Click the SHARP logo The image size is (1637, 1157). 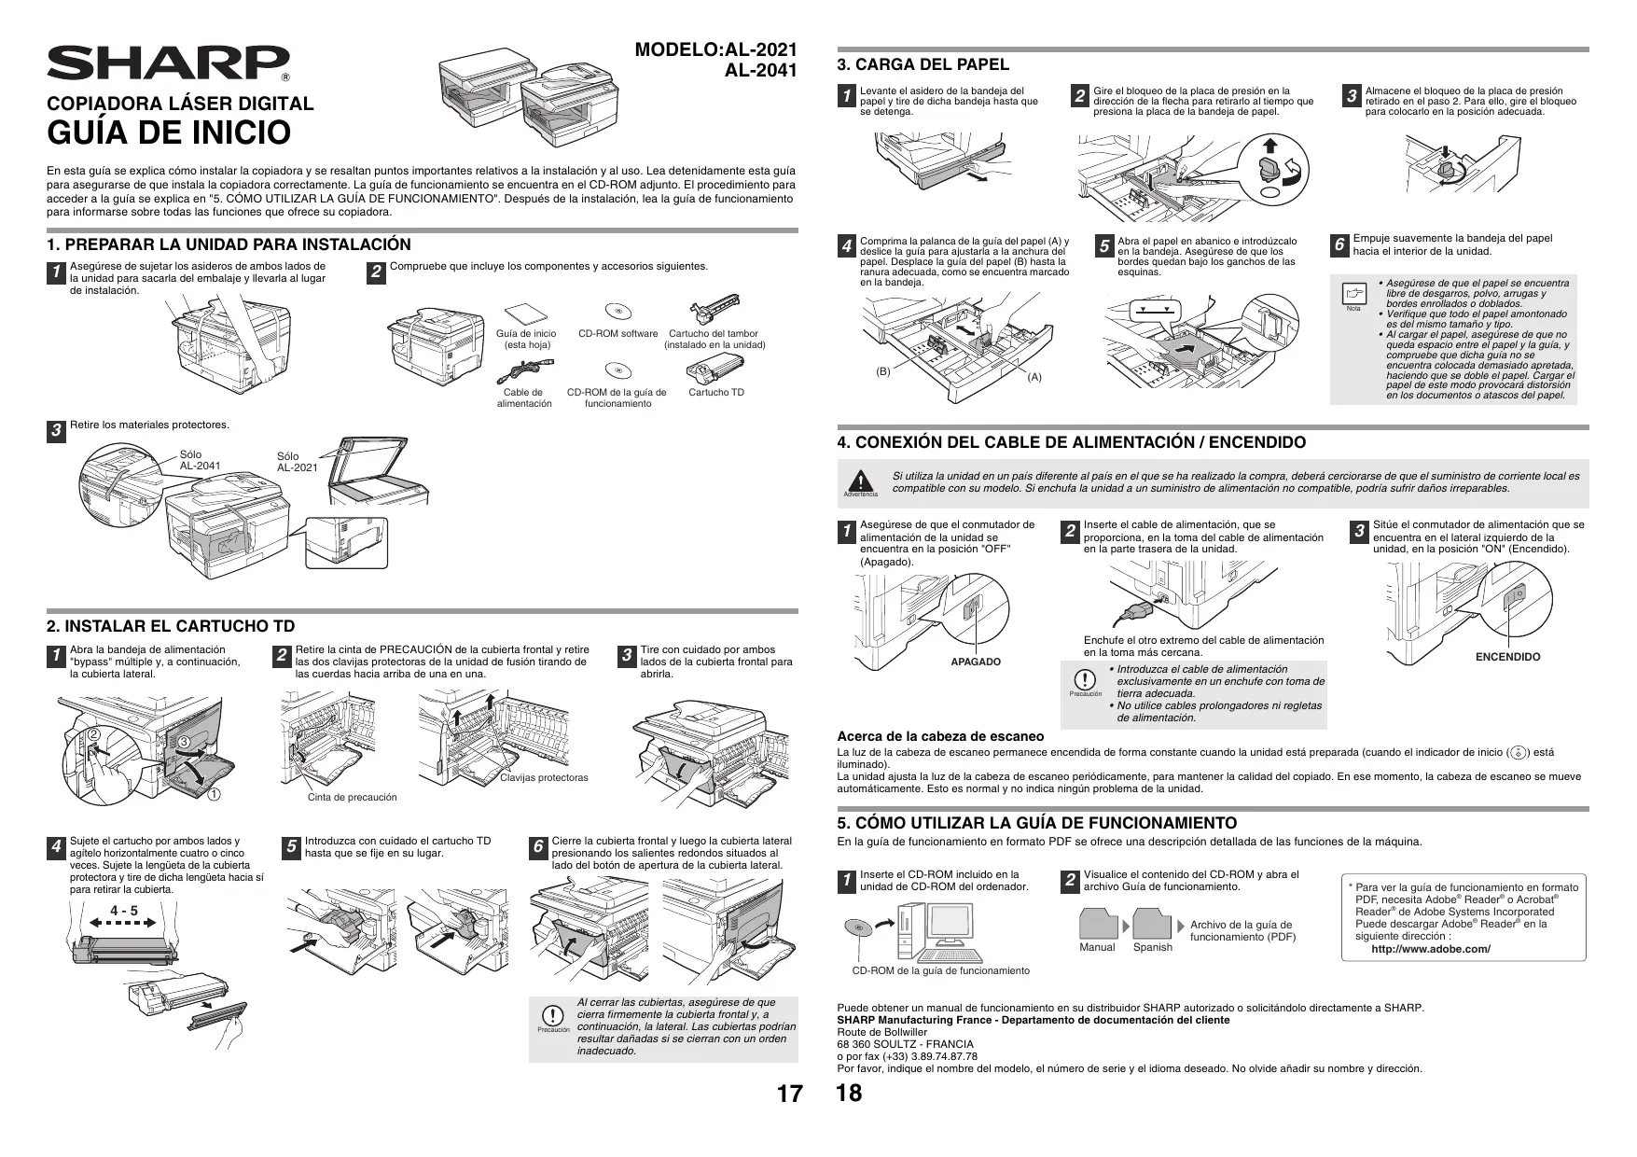click(168, 63)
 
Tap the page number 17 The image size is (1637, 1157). click(789, 1094)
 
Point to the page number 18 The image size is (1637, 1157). click(850, 1093)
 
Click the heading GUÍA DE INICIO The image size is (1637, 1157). click(170, 133)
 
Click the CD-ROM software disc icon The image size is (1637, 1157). click(617, 312)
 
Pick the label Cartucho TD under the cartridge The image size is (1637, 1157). click(716, 393)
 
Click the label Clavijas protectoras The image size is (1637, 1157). click(544, 777)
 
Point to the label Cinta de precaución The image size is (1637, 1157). click(353, 798)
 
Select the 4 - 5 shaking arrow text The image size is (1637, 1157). click(123, 911)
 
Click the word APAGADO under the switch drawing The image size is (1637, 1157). click(975, 662)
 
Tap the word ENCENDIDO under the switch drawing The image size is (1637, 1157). click(1507, 657)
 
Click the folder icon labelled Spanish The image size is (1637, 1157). click(1153, 925)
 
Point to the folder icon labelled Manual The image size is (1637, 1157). click(1098, 925)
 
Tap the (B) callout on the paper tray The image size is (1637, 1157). click(883, 371)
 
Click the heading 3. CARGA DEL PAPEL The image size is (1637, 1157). click(923, 64)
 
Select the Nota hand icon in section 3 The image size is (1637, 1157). click(1353, 295)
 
